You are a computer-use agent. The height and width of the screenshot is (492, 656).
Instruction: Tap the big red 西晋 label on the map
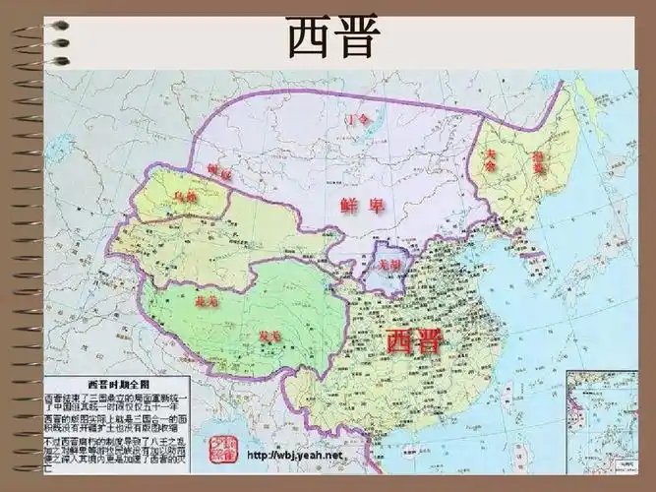414,341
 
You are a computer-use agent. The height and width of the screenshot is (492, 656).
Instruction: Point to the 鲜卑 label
360,207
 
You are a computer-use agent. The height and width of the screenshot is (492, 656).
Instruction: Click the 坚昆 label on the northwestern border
219,173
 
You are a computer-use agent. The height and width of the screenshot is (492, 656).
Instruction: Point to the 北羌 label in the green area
208,299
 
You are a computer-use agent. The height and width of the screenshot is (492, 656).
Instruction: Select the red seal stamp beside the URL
222,450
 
